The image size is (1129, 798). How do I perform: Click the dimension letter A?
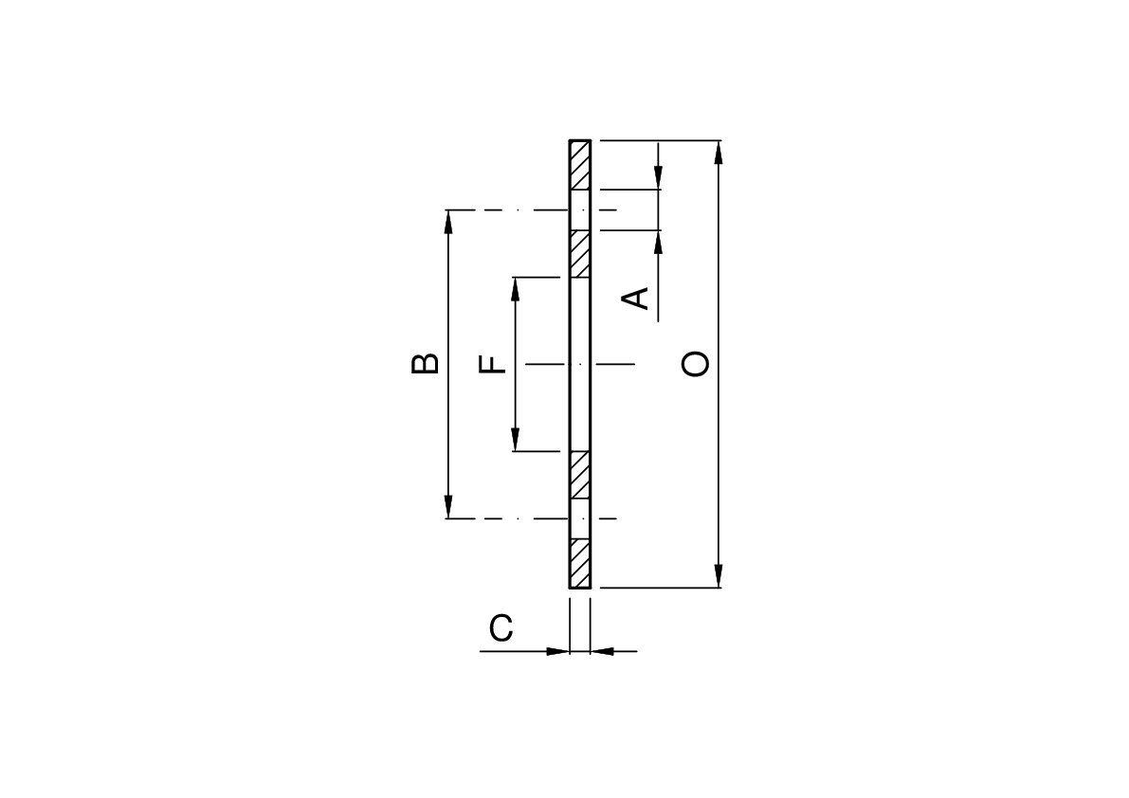[x=640, y=297]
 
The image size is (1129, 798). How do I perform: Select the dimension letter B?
[x=425, y=364]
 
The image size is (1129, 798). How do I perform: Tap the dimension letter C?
[x=501, y=627]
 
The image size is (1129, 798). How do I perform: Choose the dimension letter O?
[x=696, y=364]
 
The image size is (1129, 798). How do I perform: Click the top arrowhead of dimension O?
[x=719, y=152]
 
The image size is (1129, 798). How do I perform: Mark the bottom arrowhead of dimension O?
[x=719, y=576]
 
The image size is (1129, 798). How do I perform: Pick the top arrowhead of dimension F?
[x=516, y=288]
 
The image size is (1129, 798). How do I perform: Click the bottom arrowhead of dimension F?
[x=516, y=440]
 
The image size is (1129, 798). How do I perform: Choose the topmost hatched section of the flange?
[x=580, y=166]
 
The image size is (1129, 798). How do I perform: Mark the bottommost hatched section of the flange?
[x=580, y=563]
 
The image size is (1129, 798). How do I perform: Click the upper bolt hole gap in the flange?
[x=580, y=209]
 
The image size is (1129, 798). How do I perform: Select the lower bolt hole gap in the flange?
[x=580, y=518]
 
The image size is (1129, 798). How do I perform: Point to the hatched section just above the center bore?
[x=580, y=254]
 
